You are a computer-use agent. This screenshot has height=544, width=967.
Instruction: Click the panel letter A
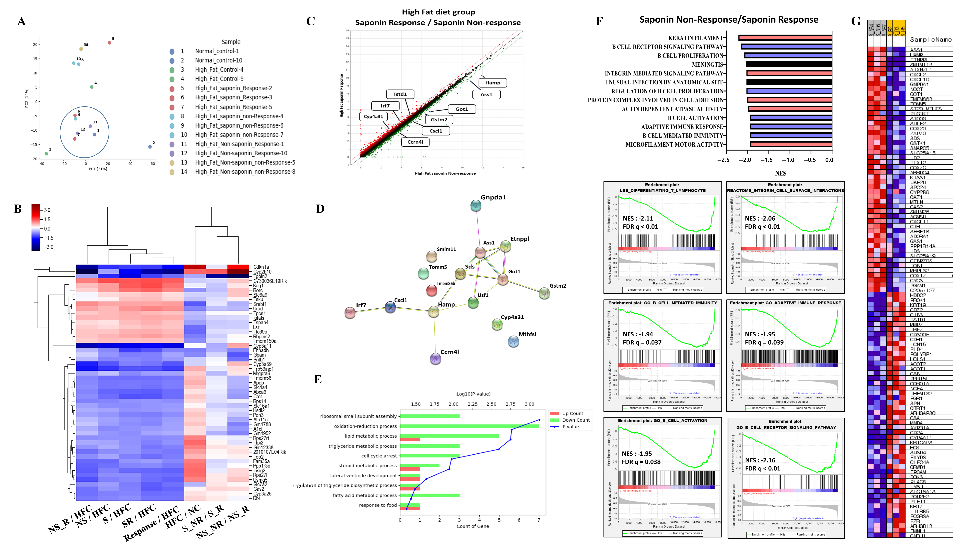tap(21, 21)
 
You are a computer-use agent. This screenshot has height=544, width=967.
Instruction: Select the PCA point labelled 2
tap(150, 147)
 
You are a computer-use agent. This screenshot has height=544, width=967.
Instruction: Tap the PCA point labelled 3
tap(46, 154)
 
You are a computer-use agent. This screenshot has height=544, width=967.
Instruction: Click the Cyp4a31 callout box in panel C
tap(373, 116)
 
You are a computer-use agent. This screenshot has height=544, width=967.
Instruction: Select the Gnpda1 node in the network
tap(476, 205)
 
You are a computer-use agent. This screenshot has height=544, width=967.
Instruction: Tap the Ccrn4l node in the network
tap(435, 359)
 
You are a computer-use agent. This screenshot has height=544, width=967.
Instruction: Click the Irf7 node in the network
tap(350, 312)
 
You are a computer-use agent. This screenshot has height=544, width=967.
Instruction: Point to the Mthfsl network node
tap(513, 341)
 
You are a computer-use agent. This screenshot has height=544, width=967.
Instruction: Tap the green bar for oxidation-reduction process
tap(469, 426)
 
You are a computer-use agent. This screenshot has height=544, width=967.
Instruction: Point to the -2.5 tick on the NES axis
tap(723, 160)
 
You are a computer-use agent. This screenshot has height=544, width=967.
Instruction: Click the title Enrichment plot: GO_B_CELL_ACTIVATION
tap(663, 421)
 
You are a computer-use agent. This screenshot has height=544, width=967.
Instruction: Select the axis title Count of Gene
tap(473, 526)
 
